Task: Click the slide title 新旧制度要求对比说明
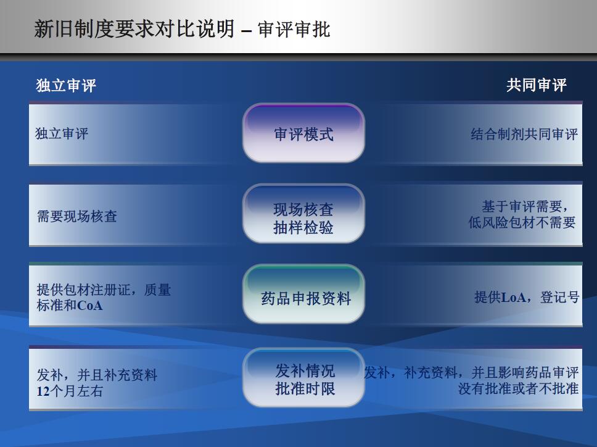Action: click(134, 29)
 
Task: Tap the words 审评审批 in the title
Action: click(294, 30)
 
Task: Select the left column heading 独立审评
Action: click(66, 85)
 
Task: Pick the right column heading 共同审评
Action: click(536, 85)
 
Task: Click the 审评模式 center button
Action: click(303, 133)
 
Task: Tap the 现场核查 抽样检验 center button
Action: click(303, 214)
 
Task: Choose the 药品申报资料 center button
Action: click(303, 294)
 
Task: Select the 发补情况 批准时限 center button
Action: click(303, 377)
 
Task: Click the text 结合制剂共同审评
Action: click(524, 134)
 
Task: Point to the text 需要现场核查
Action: click(77, 216)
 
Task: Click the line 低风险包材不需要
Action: click(522, 222)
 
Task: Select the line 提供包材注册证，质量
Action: click(104, 290)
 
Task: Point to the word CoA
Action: click(90, 305)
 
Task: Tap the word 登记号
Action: click(560, 297)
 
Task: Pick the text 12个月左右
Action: click(70, 391)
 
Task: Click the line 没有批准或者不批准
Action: click(518, 388)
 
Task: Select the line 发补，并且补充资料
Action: click(97, 375)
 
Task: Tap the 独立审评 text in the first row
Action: click(62, 133)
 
